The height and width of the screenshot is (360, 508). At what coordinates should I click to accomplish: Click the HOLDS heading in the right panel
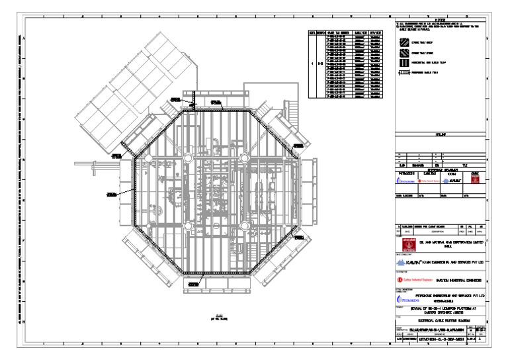(x=439, y=134)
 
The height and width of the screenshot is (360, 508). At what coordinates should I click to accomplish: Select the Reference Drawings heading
(x=439, y=169)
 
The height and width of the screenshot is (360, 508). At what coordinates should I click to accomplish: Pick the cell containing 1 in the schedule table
(x=312, y=65)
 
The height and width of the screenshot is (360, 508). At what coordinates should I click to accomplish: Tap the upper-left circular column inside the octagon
(x=189, y=157)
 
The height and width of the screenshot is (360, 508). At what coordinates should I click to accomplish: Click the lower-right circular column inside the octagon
(x=244, y=226)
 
